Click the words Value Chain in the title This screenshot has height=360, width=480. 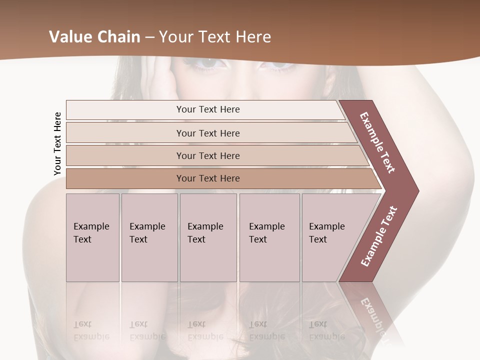pyautogui.click(x=94, y=37)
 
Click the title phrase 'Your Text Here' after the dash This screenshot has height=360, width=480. pyautogui.click(x=215, y=37)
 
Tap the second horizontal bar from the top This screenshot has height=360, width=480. pyautogui.click(x=208, y=133)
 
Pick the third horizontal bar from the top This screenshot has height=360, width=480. pyautogui.click(x=208, y=155)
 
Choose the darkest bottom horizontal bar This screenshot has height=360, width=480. pyautogui.click(x=208, y=178)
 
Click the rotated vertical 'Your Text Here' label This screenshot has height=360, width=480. pyautogui.click(x=57, y=143)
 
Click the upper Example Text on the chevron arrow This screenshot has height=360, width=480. pyautogui.click(x=378, y=142)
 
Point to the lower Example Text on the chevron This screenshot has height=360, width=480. pyautogui.click(x=379, y=236)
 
